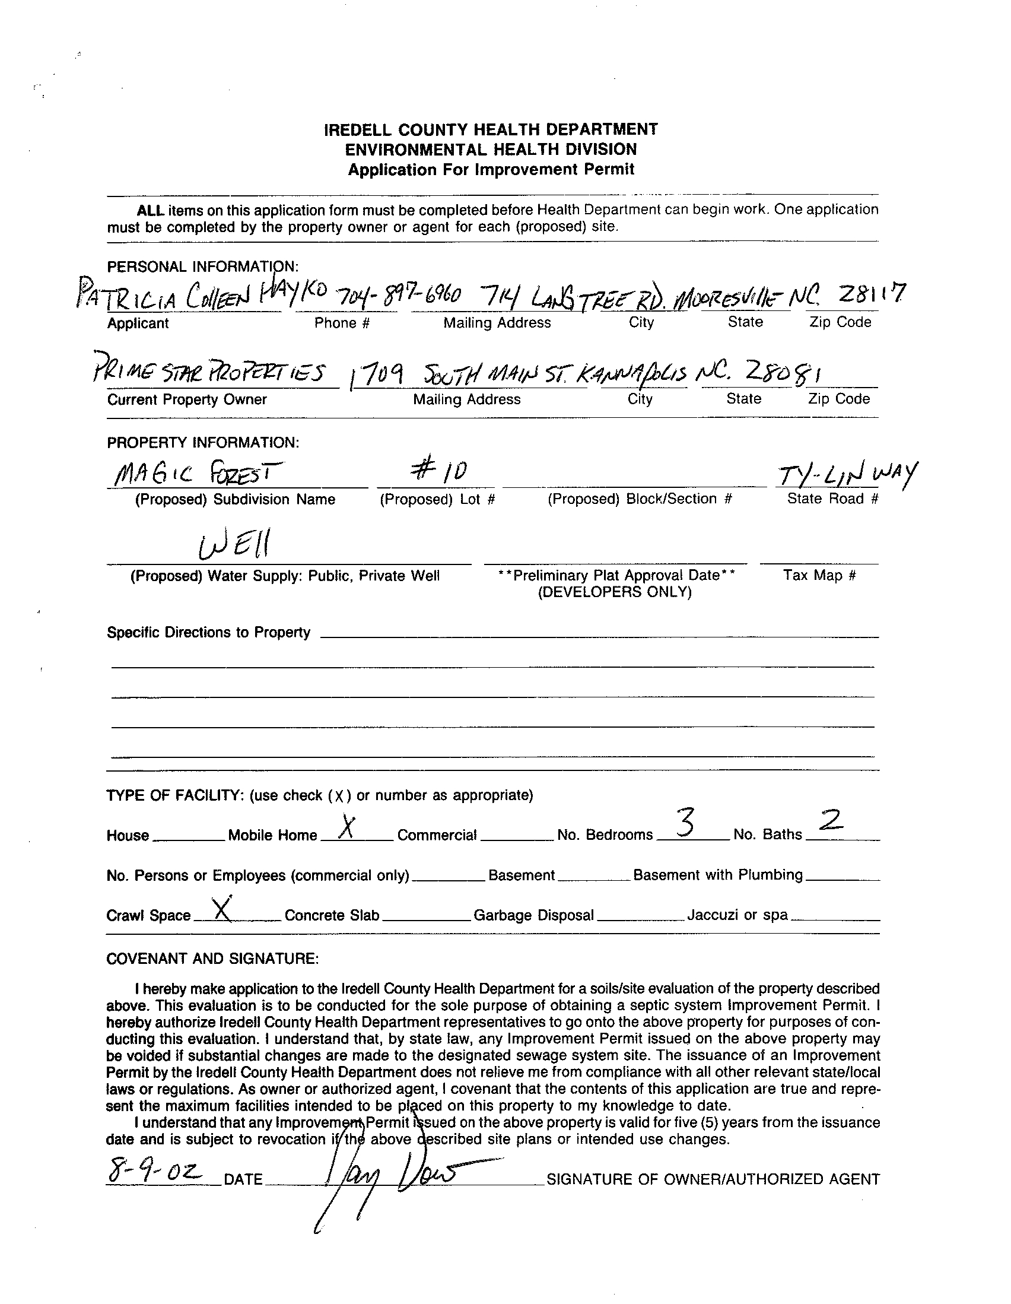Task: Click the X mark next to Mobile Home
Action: pyautogui.click(x=345, y=827)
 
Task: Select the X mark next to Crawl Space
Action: pyautogui.click(x=222, y=909)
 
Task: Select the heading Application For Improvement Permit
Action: pyautogui.click(x=491, y=170)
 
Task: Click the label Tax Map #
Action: pyautogui.click(x=819, y=575)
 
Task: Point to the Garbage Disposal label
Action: pyautogui.click(x=533, y=915)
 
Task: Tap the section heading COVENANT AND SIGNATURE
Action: pyautogui.click(x=212, y=959)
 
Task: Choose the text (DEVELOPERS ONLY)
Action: pyautogui.click(x=614, y=592)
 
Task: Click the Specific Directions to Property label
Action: pyautogui.click(x=208, y=632)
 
